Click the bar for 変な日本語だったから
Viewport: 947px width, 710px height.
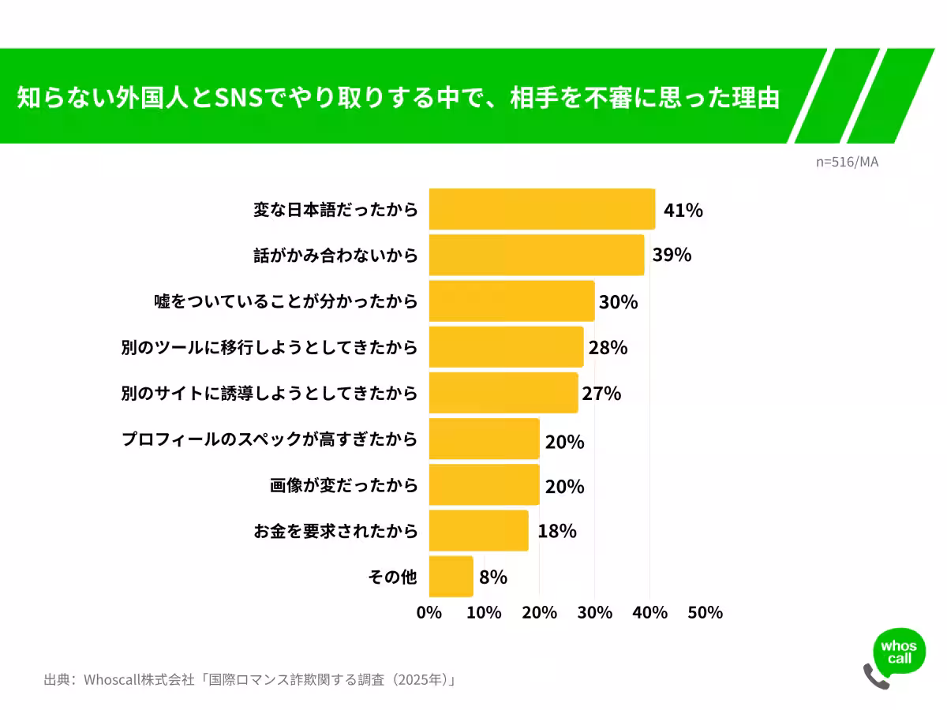tap(541, 209)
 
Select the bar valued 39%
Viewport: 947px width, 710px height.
tap(536, 255)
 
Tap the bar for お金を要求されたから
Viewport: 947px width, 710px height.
tap(478, 530)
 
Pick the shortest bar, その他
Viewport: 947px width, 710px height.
tap(451, 577)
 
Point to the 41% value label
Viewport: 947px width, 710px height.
tap(683, 211)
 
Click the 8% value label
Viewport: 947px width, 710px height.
tap(492, 577)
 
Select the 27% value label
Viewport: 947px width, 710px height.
tap(601, 394)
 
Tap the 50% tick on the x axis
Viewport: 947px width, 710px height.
tap(705, 613)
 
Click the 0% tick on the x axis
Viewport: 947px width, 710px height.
tap(429, 613)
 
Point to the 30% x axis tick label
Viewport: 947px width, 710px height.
tap(595, 613)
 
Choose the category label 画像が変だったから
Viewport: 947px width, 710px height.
tap(343, 486)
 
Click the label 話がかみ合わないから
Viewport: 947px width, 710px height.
tap(335, 256)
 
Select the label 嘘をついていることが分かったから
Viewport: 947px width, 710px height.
tap(285, 302)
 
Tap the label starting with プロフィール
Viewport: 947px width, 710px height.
tap(269, 439)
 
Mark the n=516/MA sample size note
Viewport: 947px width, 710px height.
tap(847, 162)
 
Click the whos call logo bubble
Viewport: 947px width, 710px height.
tap(899, 652)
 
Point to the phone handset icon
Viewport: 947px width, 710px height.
tap(875, 677)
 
